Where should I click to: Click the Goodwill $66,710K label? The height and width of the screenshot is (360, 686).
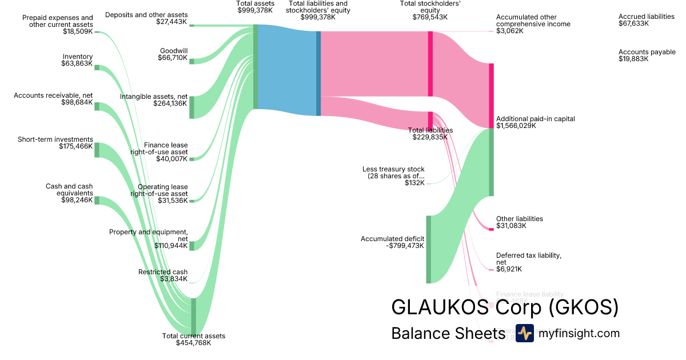point(173,54)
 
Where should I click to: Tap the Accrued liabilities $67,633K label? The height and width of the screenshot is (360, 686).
point(647,20)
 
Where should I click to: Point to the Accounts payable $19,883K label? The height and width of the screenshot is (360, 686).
point(647,55)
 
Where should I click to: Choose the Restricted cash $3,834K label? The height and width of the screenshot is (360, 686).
point(163,275)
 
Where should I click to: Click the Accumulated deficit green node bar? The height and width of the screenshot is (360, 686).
point(428,249)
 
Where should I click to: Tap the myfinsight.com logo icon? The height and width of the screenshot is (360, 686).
point(524,333)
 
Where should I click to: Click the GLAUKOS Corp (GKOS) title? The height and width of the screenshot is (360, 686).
point(505,307)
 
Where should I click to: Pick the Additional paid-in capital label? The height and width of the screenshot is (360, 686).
point(536,122)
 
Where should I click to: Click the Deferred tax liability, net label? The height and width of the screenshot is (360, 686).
point(529,262)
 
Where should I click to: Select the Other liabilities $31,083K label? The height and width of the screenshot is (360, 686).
point(520,222)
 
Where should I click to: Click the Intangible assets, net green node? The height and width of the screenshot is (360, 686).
point(192,107)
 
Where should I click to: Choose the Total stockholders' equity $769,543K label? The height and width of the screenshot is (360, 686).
point(430,10)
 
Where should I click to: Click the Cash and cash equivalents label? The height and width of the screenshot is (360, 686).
point(69,193)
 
